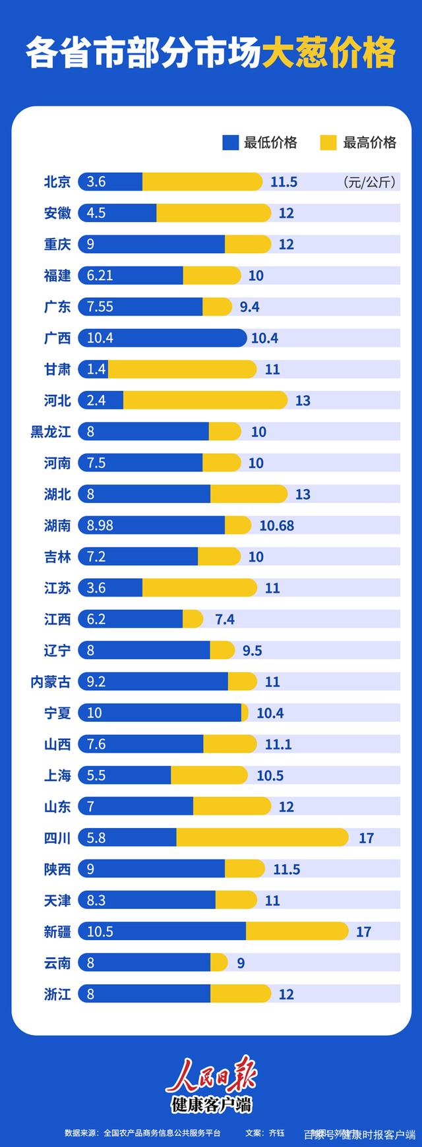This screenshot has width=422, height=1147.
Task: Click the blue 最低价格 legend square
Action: click(230, 142)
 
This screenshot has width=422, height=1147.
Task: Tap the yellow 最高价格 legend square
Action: click(328, 142)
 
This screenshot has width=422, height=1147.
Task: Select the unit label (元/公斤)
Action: click(370, 183)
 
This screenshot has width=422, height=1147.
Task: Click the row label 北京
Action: click(57, 182)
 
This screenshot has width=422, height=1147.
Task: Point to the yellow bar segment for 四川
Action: click(262, 838)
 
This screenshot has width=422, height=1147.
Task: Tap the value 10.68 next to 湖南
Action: click(277, 525)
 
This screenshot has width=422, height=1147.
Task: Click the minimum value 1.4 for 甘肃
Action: click(96, 369)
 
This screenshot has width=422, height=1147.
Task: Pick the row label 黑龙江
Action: click(51, 432)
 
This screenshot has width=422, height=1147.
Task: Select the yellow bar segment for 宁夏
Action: click(245, 713)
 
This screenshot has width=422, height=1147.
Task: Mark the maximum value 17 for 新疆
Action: click(363, 932)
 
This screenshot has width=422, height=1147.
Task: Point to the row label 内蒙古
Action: click(51, 682)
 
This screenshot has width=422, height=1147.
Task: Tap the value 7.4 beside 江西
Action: click(225, 620)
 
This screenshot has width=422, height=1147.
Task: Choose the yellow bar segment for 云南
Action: click(219, 963)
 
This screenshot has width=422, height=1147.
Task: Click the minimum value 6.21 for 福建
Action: click(100, 276)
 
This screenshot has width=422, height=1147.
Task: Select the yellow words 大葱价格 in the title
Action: click(329, 53)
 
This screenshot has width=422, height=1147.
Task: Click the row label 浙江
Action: click(57, 994)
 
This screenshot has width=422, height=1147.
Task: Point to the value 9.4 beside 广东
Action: click(250, 307)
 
